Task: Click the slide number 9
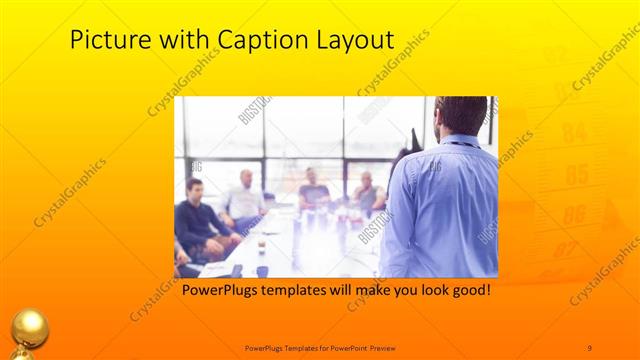(589, 346)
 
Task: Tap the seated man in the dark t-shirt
(314, 190)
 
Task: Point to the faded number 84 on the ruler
(573, 132)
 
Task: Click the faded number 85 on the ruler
(576, 175)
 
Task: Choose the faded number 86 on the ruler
(574, 214)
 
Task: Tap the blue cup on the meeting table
(262, 269)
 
